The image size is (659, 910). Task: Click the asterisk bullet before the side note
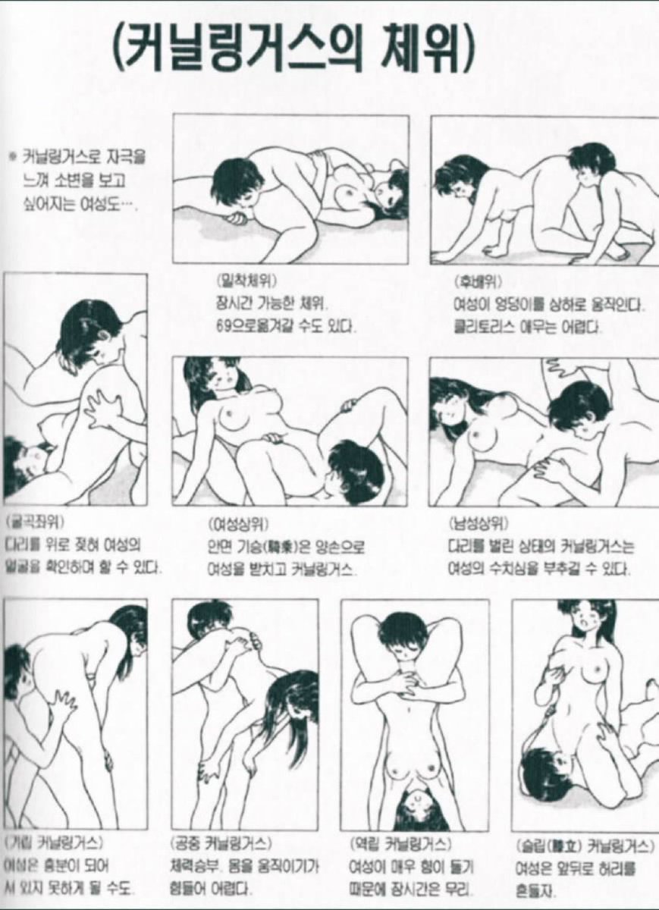[11, 159]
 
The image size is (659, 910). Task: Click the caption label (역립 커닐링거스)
[400, 843]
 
